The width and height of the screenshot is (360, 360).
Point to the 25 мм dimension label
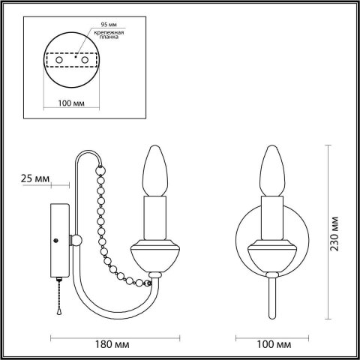(36, 179)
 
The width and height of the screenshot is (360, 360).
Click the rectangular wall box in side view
(58, 240)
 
